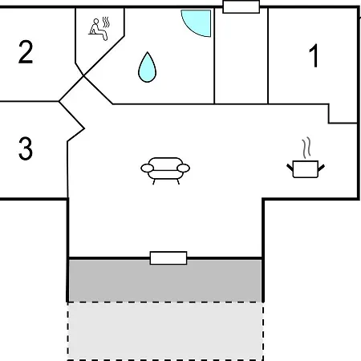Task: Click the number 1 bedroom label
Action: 314,55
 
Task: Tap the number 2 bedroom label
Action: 26,52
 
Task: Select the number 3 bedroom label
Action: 26,148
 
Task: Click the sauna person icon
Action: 98,30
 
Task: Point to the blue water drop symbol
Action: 147,67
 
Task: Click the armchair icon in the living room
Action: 165,171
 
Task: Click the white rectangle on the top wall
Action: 241,6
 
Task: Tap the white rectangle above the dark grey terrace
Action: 168,258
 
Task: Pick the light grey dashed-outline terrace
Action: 165,331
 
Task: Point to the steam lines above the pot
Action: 306,148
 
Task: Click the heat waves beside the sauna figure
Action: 106,22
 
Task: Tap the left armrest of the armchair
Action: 147,168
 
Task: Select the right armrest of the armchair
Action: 184,168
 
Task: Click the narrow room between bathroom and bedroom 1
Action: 241,56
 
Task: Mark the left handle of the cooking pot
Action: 290,168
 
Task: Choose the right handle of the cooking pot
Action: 322,168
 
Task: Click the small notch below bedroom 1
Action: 343,114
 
